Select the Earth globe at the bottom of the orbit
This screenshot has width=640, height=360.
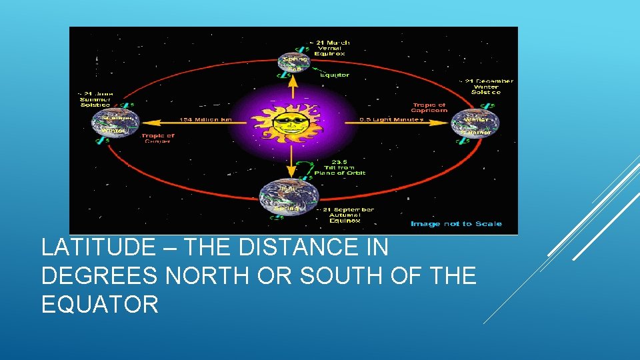[x=289, y=197]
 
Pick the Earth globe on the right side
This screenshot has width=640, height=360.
[x=475, y=123]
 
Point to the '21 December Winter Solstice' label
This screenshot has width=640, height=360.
[x=487, y=87]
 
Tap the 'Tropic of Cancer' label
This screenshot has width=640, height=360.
[x=157, y=138]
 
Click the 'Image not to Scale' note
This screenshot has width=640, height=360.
[x=456, y=224]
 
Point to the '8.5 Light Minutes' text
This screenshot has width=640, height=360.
[x=391, y=120]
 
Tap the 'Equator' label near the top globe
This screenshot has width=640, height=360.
[x=334, y=75]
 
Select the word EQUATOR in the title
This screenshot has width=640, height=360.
[x=100, y=305]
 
